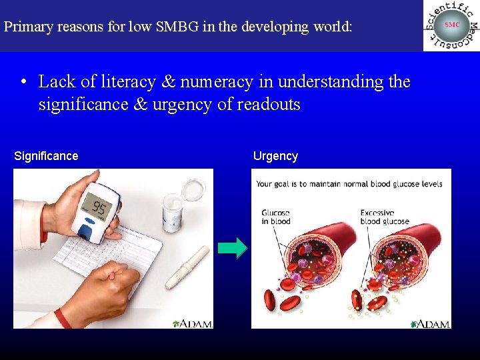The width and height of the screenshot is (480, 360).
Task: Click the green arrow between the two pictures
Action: tap(232, 248)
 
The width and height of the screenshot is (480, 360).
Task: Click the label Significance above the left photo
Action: tap(46, 156)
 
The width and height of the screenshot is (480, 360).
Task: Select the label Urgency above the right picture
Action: tap(275, 156)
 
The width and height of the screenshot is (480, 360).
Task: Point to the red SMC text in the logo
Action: tap(452, 25)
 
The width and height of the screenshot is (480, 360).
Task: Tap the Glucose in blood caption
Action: tap(276, 217)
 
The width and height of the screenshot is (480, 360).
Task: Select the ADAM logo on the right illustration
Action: tap(430, 323)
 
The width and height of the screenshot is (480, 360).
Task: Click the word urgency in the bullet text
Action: tap(183, 105)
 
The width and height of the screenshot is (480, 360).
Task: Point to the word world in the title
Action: tap(331, 27)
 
